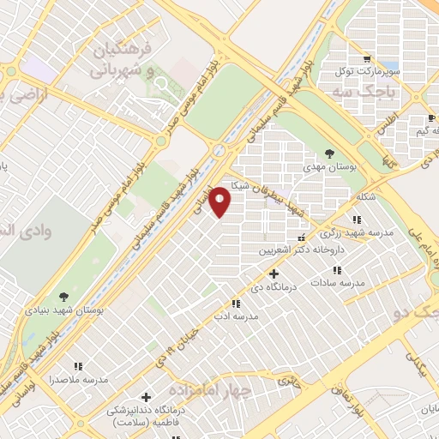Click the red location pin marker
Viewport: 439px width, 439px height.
[220, 202]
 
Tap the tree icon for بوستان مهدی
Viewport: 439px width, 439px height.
[329, 154]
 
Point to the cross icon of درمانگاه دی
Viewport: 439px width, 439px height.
[274, 274]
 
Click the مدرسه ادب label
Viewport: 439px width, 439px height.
[235, 316]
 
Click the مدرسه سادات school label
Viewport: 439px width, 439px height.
[338, 282]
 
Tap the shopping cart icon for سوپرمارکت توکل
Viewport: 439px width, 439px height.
[366, 60]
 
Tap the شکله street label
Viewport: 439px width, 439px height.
[365, 197]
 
